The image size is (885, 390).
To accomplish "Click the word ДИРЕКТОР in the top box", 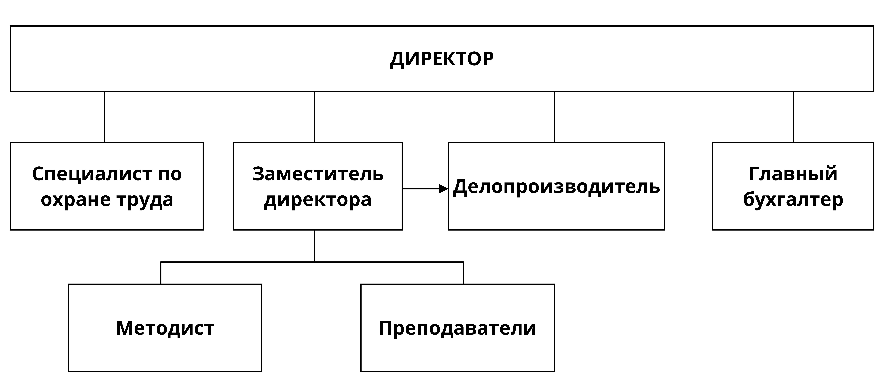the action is tap(442, 59).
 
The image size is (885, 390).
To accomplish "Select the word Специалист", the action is tap(92, 174).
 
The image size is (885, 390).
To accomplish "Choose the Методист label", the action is tap(165, 328).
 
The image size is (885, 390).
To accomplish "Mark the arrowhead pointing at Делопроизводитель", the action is tap(444, 189).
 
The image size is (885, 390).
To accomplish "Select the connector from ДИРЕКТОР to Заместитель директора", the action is tap(315, 117).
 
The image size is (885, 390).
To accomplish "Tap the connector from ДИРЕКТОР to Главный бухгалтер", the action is tap(793, 117).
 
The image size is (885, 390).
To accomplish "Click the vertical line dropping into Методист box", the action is tap(161, 273).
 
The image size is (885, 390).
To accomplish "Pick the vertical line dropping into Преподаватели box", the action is tap(463, 273).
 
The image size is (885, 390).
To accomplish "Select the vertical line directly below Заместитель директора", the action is tap(315, 246).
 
